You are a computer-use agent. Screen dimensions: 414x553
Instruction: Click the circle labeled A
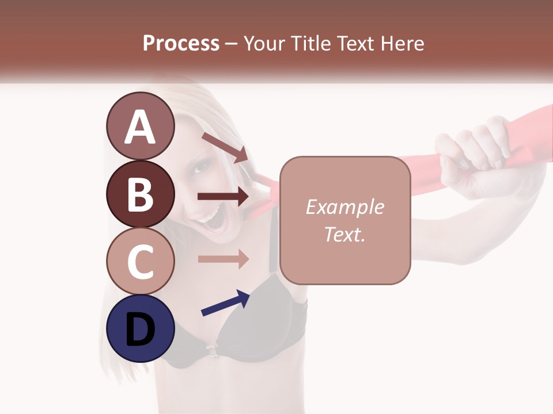click(140, 126)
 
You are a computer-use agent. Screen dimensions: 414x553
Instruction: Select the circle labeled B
click(140, 194)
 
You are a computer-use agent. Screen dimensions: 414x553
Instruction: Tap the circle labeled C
click(140, 260)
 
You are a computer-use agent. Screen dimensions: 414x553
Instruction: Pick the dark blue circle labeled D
click(140, 328)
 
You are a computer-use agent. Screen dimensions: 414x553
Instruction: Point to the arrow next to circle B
click(223, 197)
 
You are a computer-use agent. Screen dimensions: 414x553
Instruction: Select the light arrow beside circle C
click(223, 259)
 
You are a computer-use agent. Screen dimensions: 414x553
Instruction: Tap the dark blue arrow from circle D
click(225, 303)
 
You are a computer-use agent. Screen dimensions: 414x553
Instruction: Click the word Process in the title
click(181, 43)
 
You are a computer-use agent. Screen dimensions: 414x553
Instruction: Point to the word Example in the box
click(344, 207)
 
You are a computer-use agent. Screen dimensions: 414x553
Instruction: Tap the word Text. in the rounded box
click(344, 234)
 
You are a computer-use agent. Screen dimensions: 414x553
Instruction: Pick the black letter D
click(140, 329)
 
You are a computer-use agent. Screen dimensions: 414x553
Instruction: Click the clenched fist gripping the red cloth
click(472, 147)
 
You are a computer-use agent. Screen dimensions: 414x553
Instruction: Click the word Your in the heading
click(263, 43)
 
